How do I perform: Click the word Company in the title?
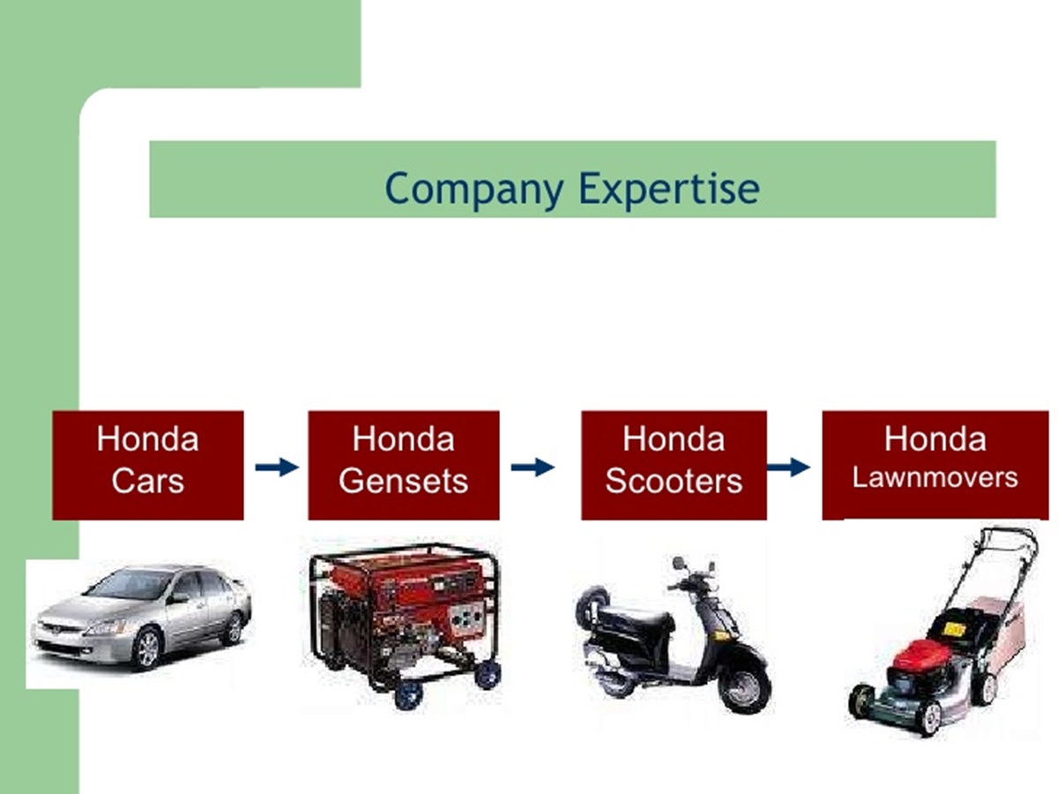474,190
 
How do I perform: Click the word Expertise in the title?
669,190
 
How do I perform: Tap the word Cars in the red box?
147,481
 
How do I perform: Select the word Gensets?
404,481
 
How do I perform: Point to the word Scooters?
674,481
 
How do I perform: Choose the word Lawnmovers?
935,478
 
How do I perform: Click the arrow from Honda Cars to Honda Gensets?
277,467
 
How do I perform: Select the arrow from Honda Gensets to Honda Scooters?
533,467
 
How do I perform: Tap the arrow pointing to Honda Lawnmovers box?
788,467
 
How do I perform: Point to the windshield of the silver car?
124,584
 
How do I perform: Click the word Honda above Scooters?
674,438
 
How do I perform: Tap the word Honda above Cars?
147,438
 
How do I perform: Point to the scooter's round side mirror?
678,563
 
